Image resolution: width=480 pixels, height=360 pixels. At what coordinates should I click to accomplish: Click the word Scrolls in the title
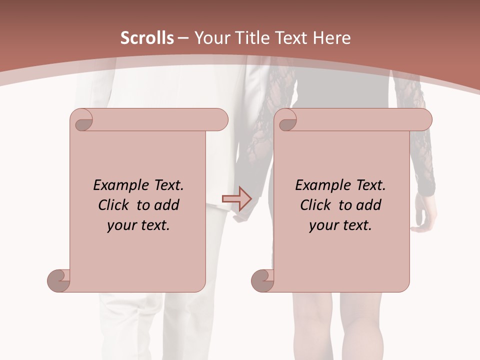click(x=147, y=38)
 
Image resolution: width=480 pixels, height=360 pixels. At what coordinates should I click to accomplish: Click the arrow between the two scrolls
click(x=236, y=198)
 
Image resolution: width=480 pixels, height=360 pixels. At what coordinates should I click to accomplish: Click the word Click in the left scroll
click(x=114, y=205)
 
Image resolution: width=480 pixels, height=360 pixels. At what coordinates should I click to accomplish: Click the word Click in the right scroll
click(x=316, y=205)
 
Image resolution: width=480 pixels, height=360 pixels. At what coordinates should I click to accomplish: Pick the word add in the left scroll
click(x=167, y=205)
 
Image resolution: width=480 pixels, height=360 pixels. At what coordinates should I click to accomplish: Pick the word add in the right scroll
click(x=369, y=205)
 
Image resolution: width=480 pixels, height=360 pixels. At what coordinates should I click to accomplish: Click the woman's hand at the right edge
click(x=423, y=215)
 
